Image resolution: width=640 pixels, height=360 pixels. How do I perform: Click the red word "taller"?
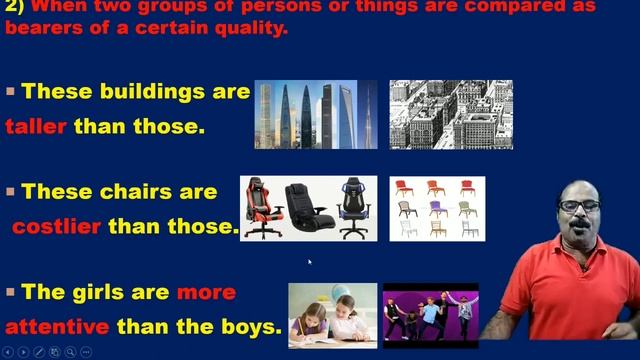(36, 127)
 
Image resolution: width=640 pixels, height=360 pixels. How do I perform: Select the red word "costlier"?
(56, 226)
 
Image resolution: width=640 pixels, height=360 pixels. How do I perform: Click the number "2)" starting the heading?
(15, 7)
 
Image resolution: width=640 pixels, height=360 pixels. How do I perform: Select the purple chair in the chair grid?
(436, 208)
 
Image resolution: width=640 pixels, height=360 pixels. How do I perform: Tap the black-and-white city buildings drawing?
(450, 115)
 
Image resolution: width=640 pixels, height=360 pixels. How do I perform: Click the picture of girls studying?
(332, 316)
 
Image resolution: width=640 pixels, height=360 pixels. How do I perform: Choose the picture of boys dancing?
(430, 316)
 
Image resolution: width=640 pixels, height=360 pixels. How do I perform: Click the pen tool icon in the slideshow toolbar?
(38, 352)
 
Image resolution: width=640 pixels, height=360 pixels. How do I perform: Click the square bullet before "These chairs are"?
(11, 190)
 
